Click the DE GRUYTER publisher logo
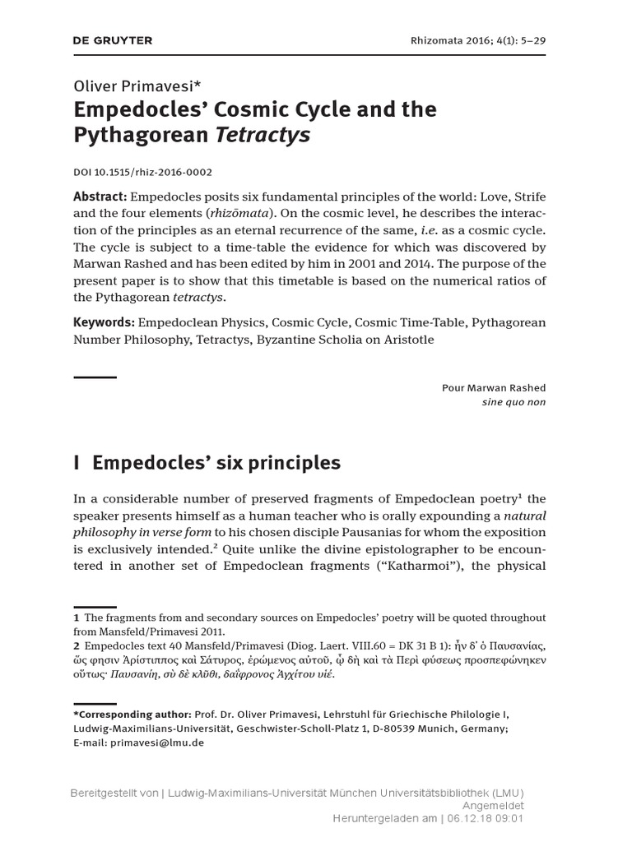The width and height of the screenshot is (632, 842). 113,40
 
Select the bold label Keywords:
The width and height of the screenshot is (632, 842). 105,322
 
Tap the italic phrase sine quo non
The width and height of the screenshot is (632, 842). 513,402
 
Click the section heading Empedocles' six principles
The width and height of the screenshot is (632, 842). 216,463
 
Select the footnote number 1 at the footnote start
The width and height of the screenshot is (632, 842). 76,618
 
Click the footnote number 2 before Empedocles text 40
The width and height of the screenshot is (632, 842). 76,645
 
